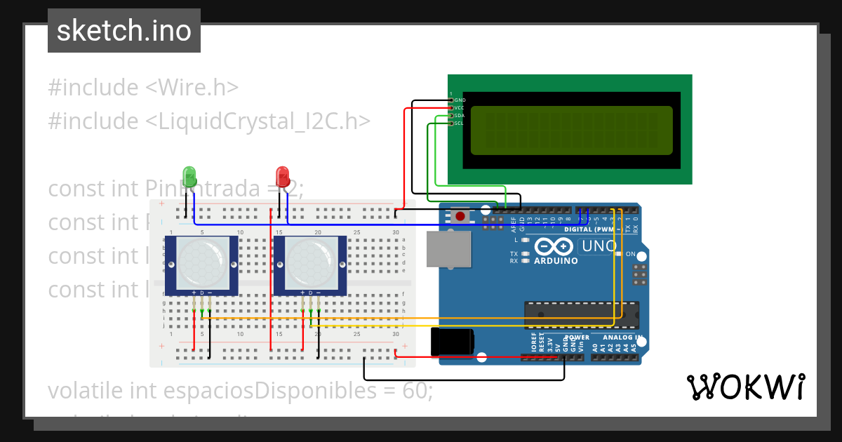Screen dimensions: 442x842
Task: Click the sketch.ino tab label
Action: tap(123, 31)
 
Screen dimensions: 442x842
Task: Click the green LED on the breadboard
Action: tap(189, 175)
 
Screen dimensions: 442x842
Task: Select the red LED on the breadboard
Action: tap(283, 175)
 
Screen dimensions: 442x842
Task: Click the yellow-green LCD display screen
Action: tap(571, 130)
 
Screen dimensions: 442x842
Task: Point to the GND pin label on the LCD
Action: tap(460, 100)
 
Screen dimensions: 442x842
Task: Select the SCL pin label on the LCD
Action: tap(459, 123)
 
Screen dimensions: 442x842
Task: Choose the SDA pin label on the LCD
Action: tap(459, 116)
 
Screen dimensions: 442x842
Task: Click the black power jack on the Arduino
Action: tap(452, 342)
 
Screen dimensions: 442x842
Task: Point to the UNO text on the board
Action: tap(599, 246)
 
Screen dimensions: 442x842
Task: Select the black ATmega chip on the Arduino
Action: tap(582, 315)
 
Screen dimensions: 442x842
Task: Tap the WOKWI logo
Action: tap(745, 387)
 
